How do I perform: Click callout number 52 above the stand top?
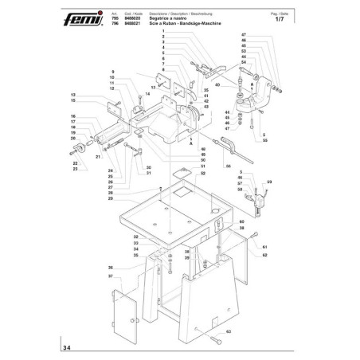click(x=203, y=173)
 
